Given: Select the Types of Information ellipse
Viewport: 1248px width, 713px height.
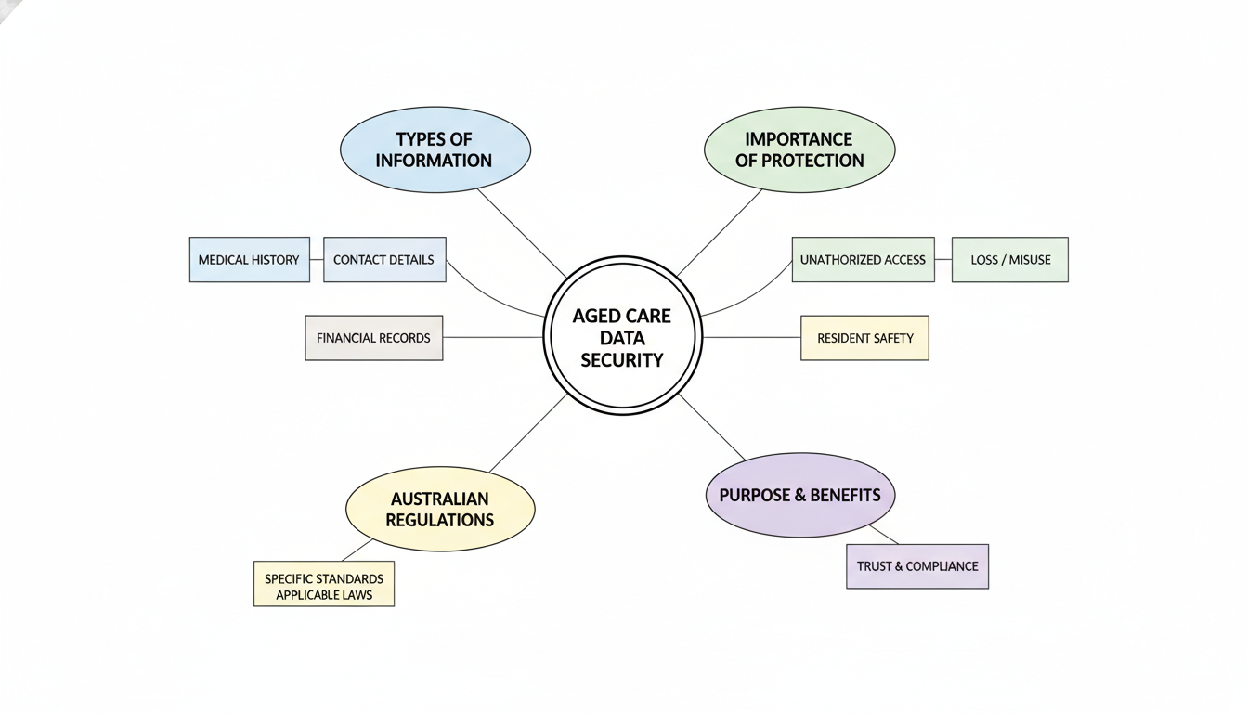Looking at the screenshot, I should [435, 149].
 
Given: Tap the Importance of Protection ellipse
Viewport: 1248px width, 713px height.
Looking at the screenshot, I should [799, 149].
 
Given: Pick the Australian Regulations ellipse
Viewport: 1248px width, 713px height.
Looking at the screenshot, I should [440, 509].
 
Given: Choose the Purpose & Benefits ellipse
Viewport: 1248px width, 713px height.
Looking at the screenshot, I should [799, 495].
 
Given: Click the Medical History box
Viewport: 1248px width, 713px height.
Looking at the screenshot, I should [249, 260].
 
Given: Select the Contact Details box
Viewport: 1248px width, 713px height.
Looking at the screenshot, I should [383, 260].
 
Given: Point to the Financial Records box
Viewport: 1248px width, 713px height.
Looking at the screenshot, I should [373, 338].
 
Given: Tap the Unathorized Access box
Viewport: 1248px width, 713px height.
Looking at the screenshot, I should [863, 260].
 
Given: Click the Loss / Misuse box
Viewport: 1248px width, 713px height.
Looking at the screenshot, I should [1010, 260].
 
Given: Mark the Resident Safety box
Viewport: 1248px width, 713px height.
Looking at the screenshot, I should [864, 338].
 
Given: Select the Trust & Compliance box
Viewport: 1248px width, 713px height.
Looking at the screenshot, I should [916, 566].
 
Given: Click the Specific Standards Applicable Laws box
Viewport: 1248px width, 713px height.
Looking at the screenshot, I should [323, 584].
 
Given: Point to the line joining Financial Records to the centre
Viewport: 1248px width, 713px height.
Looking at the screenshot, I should [492, 337].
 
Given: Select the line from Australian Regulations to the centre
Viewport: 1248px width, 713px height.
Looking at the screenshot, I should [527, 433].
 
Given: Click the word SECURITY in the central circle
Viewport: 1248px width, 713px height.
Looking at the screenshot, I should [621, 360].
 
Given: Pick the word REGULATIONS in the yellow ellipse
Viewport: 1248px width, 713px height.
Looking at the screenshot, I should [440, 520].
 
